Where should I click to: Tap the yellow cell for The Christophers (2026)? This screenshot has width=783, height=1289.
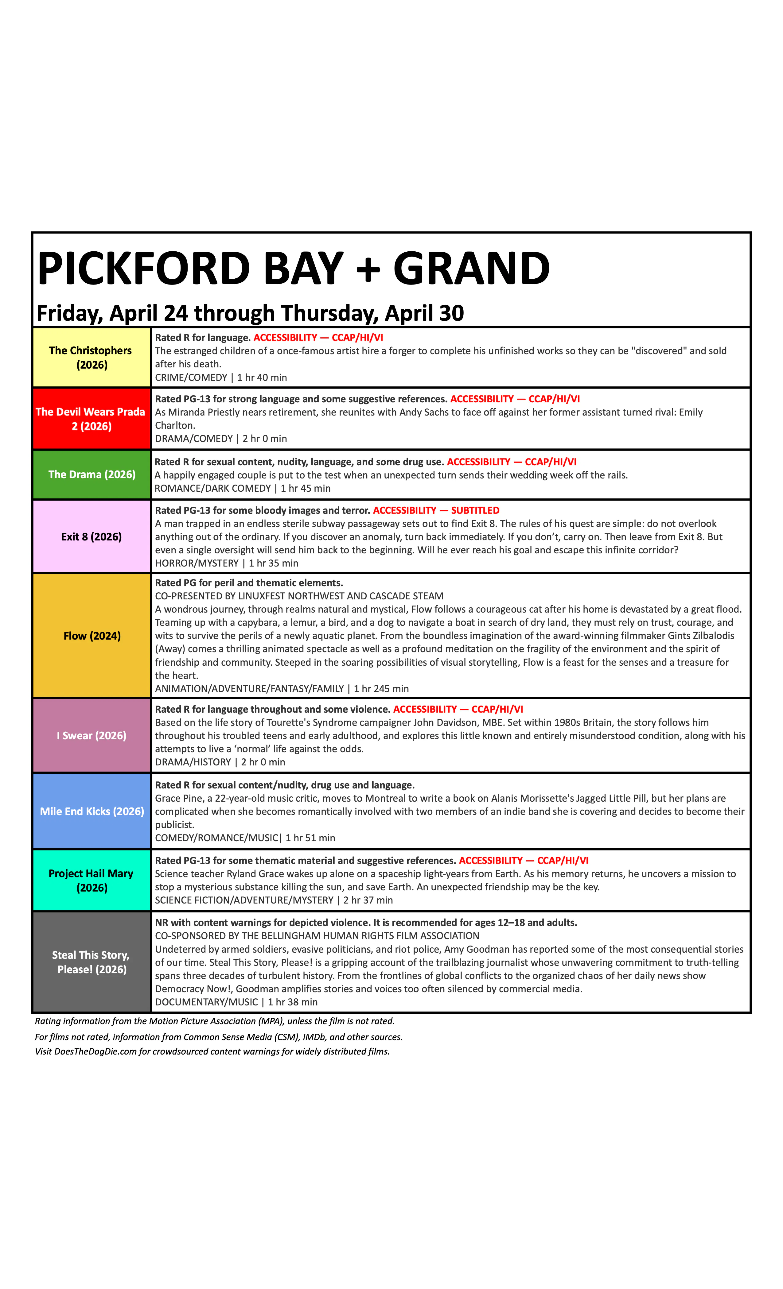(92, 357)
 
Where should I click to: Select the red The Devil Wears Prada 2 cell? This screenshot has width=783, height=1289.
(92, 419)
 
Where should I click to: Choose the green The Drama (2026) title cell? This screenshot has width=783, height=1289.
(92, 474)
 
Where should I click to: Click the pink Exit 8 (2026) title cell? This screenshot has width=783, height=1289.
(92, 537)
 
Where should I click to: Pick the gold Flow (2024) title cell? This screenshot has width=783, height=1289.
(92, 636)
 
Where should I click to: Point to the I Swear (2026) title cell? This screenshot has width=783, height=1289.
(92, 736)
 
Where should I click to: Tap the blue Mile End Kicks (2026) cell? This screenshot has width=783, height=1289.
(92, 811)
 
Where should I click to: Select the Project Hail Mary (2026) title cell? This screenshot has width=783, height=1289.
(92, 881)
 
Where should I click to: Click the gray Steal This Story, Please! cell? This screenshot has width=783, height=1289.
(92, 962)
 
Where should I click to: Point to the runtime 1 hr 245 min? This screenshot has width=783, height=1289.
(381, 689)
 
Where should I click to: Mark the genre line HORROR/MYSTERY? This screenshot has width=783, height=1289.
(197, 563)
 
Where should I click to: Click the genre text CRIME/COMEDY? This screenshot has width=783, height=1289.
(191, 378)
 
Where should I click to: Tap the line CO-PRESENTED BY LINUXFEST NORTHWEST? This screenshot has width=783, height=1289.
(299, 596)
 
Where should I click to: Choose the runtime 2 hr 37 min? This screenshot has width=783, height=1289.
(368, 900)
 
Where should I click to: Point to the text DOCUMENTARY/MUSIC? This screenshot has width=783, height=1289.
(206, 1002)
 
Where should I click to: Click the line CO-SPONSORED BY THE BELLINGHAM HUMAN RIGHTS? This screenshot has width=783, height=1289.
(317, 936)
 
